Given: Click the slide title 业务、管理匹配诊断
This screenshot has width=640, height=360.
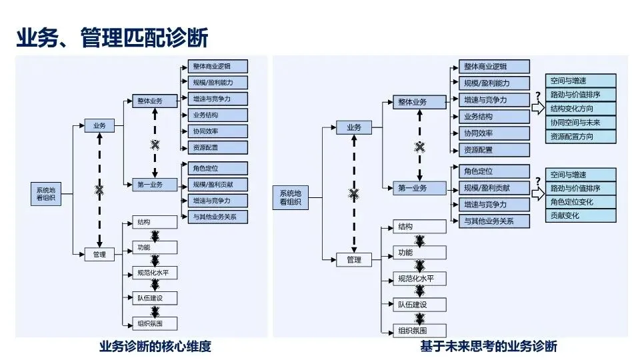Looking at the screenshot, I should tap(112, 37).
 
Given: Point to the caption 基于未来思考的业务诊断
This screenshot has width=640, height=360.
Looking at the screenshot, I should tap(488, 346).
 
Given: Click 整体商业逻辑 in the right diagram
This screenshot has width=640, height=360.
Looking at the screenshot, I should tap(494, 66).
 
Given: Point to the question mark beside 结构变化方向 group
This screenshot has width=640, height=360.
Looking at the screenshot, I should tap(537, 95).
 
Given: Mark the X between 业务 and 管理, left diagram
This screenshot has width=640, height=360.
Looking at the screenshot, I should tap(100, 190).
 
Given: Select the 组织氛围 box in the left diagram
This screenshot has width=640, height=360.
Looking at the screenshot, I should tap(155, 323).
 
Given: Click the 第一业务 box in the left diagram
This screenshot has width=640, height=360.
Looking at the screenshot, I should tap(150, 184).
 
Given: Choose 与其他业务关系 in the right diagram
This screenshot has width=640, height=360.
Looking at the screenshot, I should tap(494, 221).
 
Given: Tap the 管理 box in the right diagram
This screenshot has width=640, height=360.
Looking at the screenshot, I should tap(354, 259).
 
